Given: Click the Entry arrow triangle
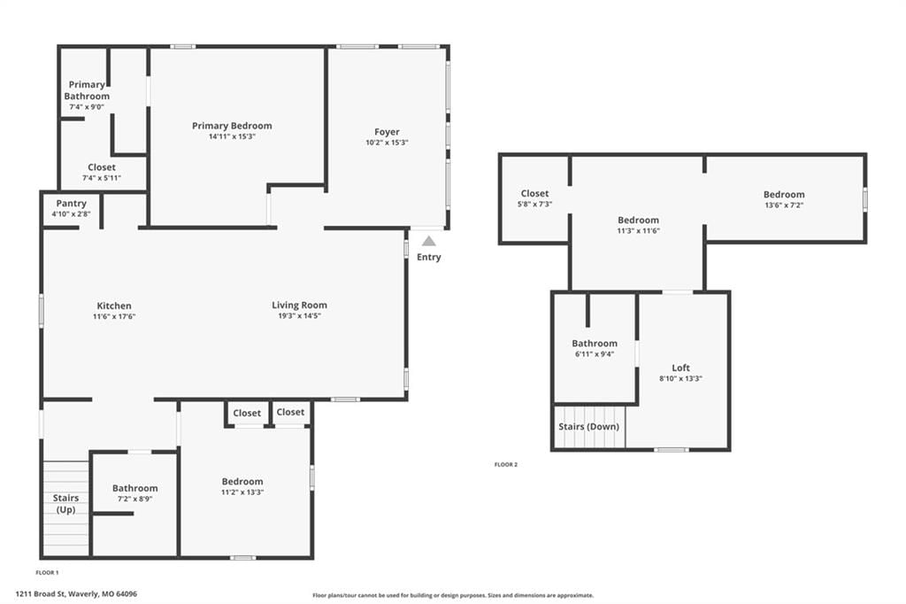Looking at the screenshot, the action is (x=429, y=241).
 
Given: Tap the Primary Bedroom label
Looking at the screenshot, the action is (x=232, y=126).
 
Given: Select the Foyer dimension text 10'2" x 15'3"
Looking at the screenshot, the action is (x=387, y=143).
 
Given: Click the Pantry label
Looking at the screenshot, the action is (x=71, y=204).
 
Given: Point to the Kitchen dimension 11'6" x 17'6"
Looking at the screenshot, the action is (x=114, y=316).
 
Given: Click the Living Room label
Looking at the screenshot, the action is (x=299, y=305).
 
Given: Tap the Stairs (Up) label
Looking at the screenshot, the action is (x=65, y=503).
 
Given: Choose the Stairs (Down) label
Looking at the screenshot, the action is (x=588, y=426).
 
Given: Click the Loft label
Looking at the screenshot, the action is (x=680, y=368).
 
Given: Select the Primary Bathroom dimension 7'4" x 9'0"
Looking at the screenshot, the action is (x=87, y=107).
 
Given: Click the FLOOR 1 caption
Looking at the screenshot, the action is (x=48, y=573).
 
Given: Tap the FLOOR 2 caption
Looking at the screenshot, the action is (x=506, y=465).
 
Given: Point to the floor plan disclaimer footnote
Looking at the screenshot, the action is (x=453, y=595).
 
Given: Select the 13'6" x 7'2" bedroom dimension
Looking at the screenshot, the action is (x=784, y=205).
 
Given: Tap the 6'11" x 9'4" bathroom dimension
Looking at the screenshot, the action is (x=595, y=354).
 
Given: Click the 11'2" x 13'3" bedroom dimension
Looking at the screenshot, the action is (x=242, y=492).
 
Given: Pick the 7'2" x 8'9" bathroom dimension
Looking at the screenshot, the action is (x=135, y=499).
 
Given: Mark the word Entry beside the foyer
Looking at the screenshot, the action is (x=429, y=257).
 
